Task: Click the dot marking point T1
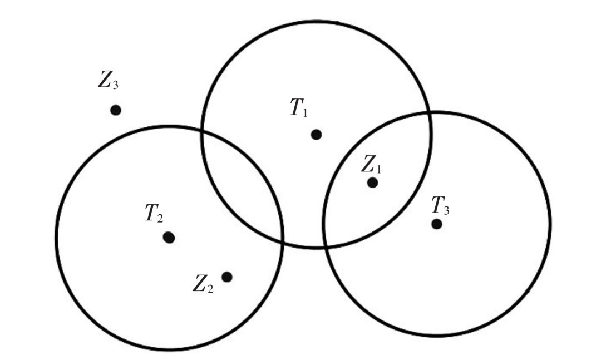(316, 134)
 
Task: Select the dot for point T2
(169, 238)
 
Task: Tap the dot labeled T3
(437, 224)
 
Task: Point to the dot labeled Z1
(373, 183)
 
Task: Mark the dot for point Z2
(226, 277)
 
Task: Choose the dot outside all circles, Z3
(116, 110)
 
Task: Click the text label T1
(298, 108)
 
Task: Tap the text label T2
(154, 214)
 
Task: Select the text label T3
(441, 206)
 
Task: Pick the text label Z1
(372, 164)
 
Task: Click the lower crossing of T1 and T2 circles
(283, 240)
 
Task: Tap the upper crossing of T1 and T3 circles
(429, 113)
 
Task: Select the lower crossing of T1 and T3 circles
(324, 246)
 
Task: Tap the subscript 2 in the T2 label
(160, 217)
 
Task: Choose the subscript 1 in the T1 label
(304, 111)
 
